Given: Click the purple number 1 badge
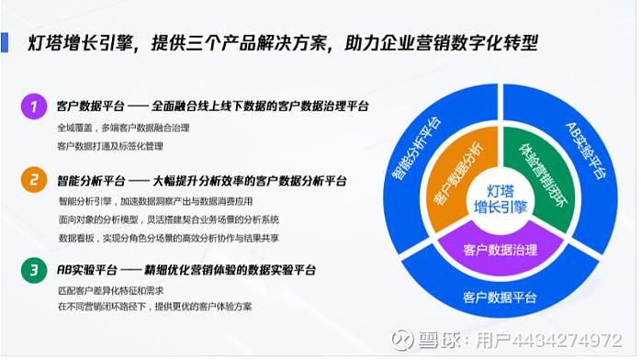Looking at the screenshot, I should pos(34,107).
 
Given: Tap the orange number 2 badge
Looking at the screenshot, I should pos(34,179).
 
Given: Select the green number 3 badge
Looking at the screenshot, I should pos(34,270).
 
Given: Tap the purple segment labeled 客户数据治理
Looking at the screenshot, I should pos(500,249).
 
